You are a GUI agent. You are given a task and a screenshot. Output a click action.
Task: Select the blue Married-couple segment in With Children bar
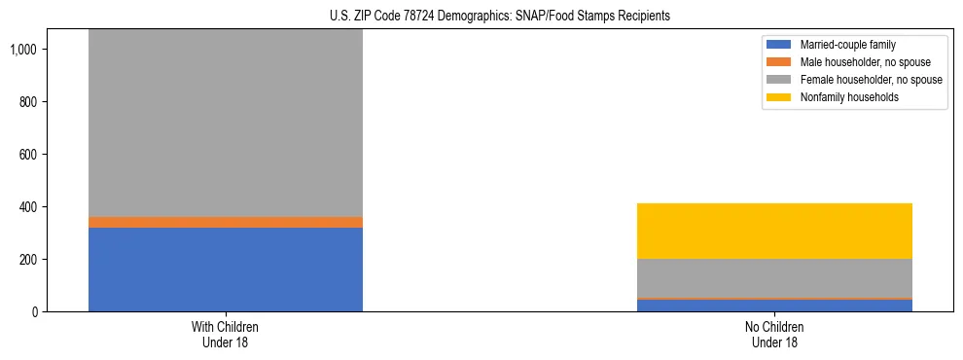tap(225, 270)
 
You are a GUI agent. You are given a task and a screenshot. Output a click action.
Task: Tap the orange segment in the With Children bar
tap(225, 223)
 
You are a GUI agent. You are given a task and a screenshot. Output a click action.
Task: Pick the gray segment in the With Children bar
tap(225, 122)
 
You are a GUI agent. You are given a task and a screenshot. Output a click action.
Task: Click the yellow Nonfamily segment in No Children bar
tap(774, 232)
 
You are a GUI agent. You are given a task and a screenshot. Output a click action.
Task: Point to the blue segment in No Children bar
tap(774, 306)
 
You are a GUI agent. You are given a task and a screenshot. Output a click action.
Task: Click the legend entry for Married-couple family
tap(847, 45)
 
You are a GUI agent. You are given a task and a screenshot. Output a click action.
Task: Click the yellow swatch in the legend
tap(779, 97)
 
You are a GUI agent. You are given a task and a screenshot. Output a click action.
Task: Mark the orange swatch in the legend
tap(779, 62)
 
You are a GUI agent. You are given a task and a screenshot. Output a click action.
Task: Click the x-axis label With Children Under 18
tap(225, 334)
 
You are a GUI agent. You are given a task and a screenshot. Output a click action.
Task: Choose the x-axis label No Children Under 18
tap(774, 334)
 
